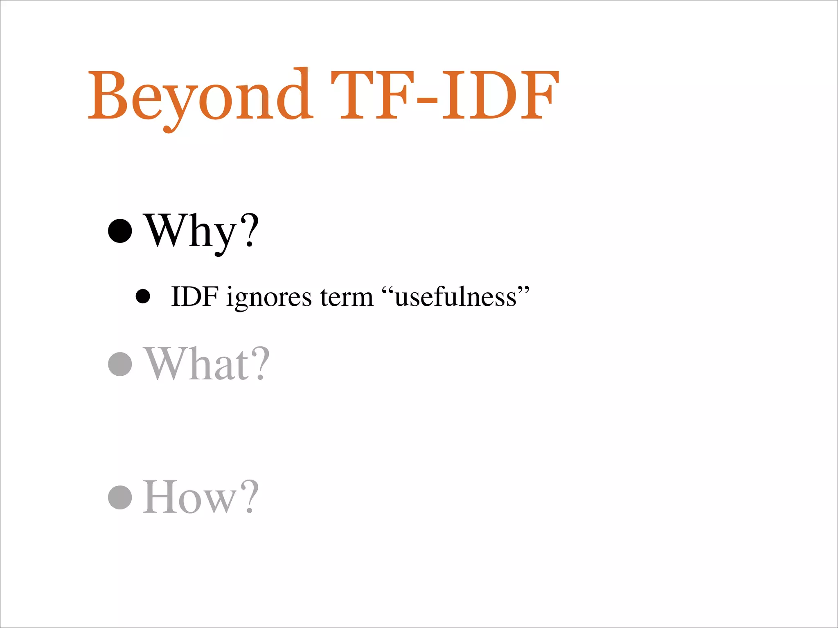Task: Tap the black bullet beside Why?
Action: [120, 231]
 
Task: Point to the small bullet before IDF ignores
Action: [143, 296]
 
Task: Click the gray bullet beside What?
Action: [120, 363]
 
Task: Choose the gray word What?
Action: [207, 363]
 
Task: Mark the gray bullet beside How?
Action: [120, 497]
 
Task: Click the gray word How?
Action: [201, 497]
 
